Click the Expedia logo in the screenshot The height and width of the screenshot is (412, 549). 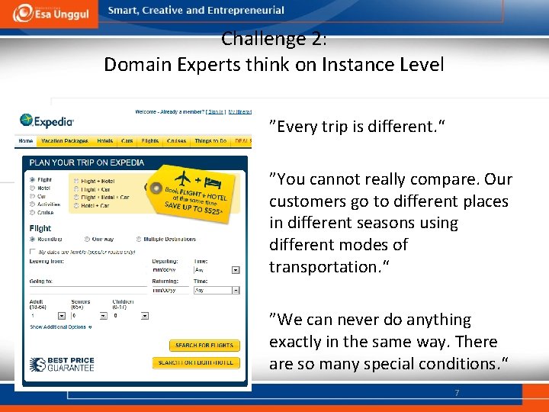(x=47, y=121)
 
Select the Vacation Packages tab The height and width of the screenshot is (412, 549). (x=65, y=141)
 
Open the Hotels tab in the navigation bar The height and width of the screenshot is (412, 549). (x=105, y=141)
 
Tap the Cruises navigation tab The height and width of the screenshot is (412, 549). (x=176, y=141)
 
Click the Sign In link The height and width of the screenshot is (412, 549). (x=217, y=112)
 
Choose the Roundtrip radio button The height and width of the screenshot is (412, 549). (x=32, y=239)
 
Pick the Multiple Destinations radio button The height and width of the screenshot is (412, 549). (x=138, y=239)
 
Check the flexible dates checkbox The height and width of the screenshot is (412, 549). (x=32, y=250)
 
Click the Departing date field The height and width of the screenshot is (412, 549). (x=170, y=269)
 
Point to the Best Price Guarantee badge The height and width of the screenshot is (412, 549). (x=61, y=364)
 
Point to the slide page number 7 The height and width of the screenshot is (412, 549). (x=456, y=393)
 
